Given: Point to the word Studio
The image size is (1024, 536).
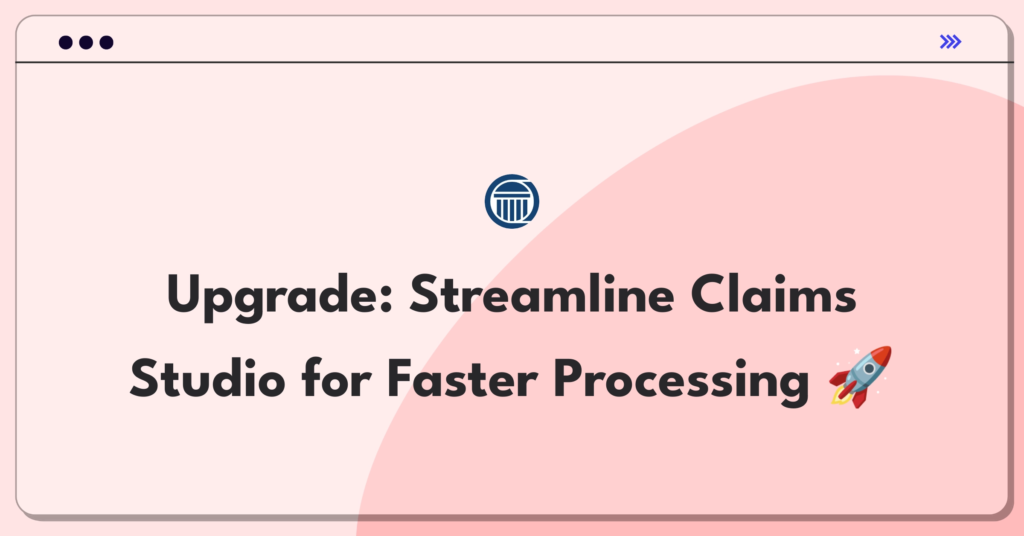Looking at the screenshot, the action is pos(207,378).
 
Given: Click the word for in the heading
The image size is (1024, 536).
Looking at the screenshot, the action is pos(337,378).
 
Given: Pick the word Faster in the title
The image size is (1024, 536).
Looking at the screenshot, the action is pos(463,378).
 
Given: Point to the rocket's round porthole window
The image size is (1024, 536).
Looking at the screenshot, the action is pos(869,368).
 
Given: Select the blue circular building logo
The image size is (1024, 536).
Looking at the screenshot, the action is pos(512,201).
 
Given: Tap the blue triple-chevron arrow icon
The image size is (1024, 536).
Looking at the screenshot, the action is pos(951,42).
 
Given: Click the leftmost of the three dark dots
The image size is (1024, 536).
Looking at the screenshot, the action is pos(66,42).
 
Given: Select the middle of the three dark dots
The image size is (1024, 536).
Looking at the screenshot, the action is pos(86,42).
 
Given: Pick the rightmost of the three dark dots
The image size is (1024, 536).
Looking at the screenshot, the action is pos(107,42).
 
